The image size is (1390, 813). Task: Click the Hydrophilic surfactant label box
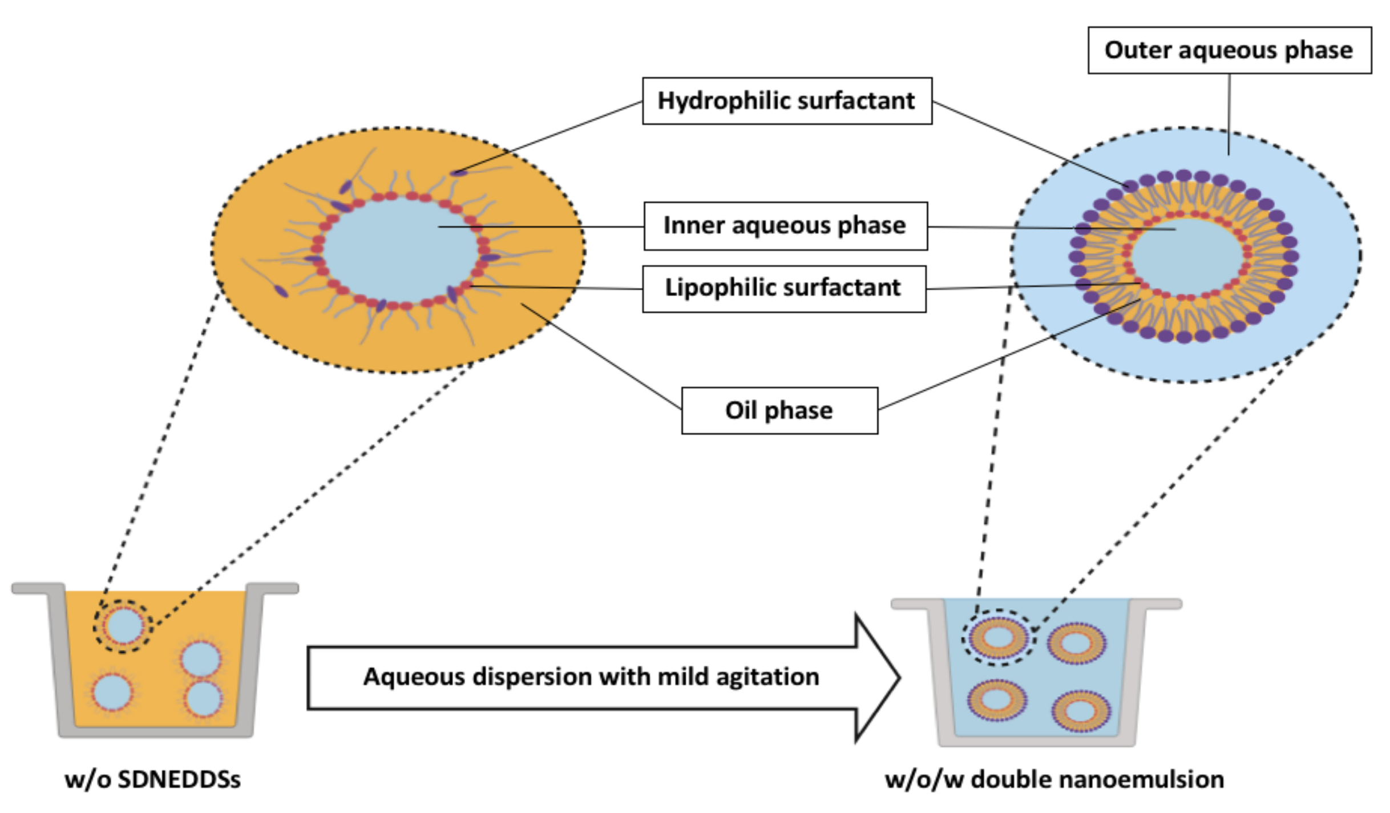click(x=787, y=101)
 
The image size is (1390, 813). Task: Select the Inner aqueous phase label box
click(x=785, y=226)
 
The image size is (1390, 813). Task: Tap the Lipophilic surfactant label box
click(x=783, y=289)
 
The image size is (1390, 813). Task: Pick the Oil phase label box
click(x=779, y=411)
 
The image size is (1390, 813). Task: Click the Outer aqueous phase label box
click(x=1229, y=50)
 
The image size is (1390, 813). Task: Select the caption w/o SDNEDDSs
click(x=152, y=779)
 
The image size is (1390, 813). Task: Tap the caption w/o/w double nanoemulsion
click(x=1054, y=779)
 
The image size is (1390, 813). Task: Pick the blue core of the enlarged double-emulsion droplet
click(x=1187, y=256)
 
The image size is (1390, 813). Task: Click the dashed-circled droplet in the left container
click(x=123, y=626)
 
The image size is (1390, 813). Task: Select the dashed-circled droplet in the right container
click(x=998, y=637)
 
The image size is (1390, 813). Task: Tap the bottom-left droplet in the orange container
click(x=112, y=692)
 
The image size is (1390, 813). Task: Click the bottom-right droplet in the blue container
click(x=1081, y=711)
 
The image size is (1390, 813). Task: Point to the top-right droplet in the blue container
click(x=1076, y=644)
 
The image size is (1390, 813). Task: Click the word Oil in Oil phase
click(x=741, y=411)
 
